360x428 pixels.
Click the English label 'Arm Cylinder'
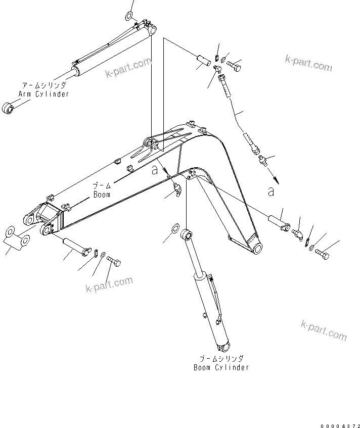[43, 94]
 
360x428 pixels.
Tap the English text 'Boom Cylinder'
[221, 367]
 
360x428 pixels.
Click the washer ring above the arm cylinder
[130, 15]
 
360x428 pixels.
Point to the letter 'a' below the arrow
[271, 192]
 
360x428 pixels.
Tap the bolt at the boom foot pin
[115, 262]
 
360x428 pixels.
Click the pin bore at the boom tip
[257, 248]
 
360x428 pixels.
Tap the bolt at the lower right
[323, 256]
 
